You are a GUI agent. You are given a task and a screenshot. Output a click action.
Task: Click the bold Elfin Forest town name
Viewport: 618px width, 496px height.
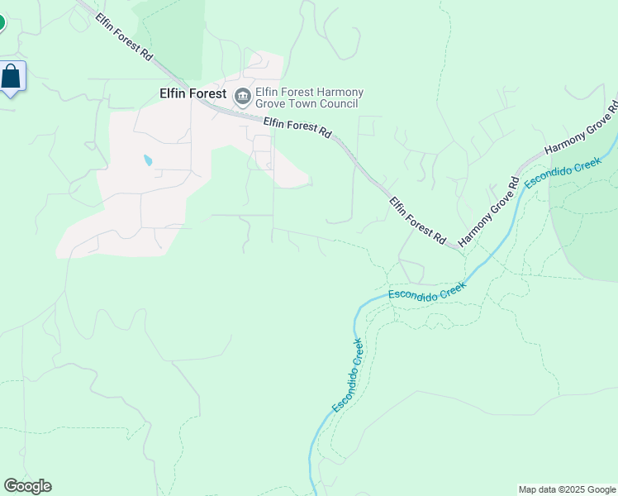(x=193, y=94)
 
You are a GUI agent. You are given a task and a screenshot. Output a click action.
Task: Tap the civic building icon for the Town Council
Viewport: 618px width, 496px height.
(x=243, y=98)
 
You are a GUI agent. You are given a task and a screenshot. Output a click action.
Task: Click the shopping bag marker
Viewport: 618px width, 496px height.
(x=12, y=78)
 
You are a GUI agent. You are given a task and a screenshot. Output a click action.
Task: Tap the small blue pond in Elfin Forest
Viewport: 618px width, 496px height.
(x=148, y=160)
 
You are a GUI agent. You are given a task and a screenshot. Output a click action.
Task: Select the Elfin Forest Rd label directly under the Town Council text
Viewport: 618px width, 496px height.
(x=297, y=127)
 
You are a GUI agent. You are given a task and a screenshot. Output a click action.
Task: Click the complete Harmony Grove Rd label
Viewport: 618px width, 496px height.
(x=487, y=211)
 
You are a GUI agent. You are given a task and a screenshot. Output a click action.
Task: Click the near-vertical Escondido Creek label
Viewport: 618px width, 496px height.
(x=347, y=375)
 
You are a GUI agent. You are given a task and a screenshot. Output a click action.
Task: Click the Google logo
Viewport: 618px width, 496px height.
(x=27, y=486)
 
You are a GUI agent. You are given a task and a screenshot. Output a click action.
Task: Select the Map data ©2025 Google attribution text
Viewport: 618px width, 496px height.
(x=567, y=489)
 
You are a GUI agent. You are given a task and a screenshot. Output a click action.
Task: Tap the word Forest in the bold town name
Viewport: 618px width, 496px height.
(x=208, y=94)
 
